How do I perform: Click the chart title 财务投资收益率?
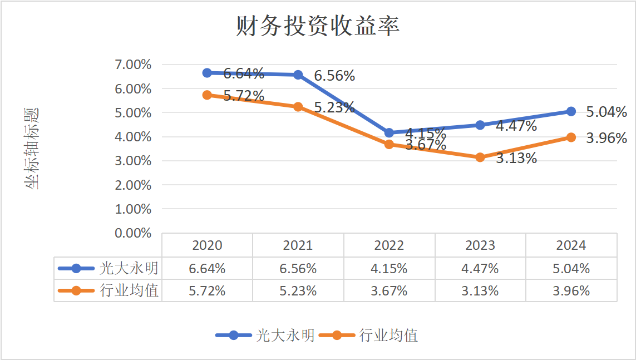coord(318,26)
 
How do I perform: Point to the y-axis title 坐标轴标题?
coord(32,149)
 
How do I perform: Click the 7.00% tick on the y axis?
coord(133,65)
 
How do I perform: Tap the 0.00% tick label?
coord(133,233)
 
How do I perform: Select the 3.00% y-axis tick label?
coord(133,161)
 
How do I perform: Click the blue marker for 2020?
coord(207,73)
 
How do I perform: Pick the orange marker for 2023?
coord(480,157)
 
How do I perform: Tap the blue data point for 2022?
coord(389,133)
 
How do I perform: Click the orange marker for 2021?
coord(298,107)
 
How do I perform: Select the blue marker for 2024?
coord(571,111)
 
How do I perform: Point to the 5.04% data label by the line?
coord(607,112)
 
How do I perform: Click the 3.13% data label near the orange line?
coord(516,159)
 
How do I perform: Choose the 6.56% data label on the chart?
coord(334,76)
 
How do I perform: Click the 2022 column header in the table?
coord(389,245)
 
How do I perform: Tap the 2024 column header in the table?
coord(571,245)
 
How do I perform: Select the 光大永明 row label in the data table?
coord(129,269)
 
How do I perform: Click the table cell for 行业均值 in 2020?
coord(207,291)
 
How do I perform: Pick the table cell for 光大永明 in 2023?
coord(480,269)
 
